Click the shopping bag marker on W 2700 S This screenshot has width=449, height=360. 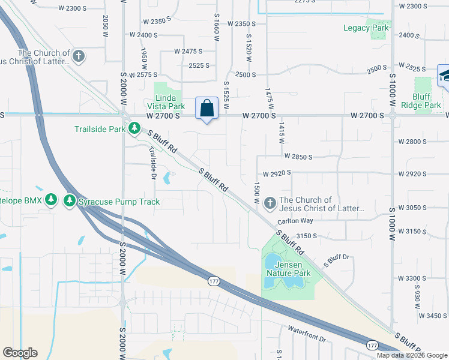(x=206, y=109)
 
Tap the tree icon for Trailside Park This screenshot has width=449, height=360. (x=135, y=128)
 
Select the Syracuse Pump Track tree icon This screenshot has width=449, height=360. (x=70, y=202)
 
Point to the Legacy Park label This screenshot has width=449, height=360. (x=366, y=28)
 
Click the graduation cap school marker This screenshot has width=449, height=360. (x=444, y=76)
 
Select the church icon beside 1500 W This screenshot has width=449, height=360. (x=270, y=204)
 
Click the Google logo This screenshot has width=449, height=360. (x=20, y=353)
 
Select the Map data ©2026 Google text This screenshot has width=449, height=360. (x=412, y=355)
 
